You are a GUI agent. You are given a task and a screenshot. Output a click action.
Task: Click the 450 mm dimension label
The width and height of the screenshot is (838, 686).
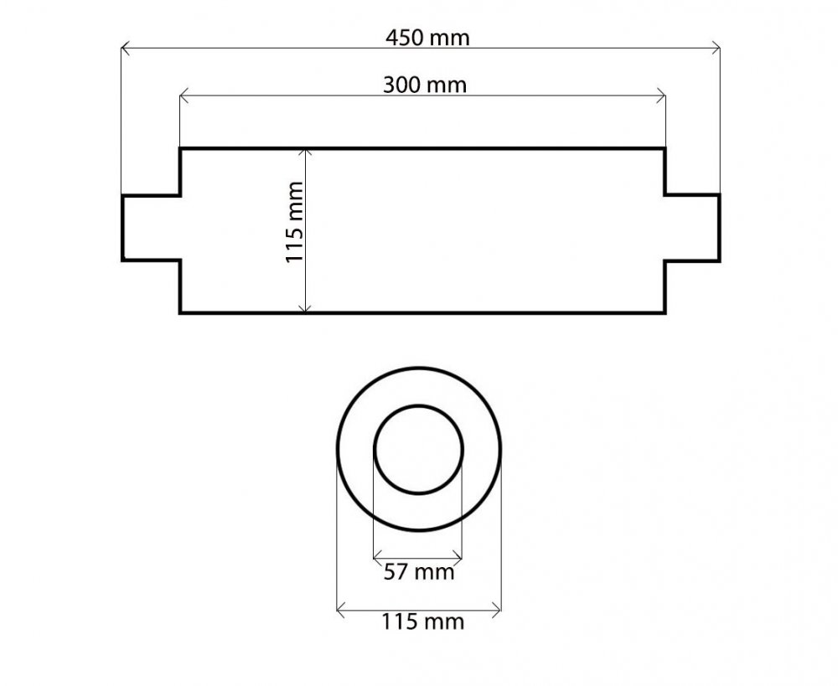[x=427, y=38]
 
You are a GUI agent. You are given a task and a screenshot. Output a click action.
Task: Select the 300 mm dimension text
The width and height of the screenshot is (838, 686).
[x=425, y=85]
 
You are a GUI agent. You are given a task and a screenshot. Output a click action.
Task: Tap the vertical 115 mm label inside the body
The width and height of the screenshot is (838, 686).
[x=294, y=222]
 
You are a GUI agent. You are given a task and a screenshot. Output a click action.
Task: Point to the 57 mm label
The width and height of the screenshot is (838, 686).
[x=419, y=572]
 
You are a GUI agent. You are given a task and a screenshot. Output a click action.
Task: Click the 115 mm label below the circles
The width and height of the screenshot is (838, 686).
[x=422, y=622]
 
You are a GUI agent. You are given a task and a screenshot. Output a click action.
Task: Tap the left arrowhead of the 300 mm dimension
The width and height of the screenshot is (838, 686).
[x=184, y=96]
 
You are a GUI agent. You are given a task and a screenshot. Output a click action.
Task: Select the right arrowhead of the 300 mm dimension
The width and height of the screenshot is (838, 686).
[x=661, y=96]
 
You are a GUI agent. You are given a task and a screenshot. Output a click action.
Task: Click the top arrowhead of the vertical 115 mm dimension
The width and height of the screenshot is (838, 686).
[x=305, y=154]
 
